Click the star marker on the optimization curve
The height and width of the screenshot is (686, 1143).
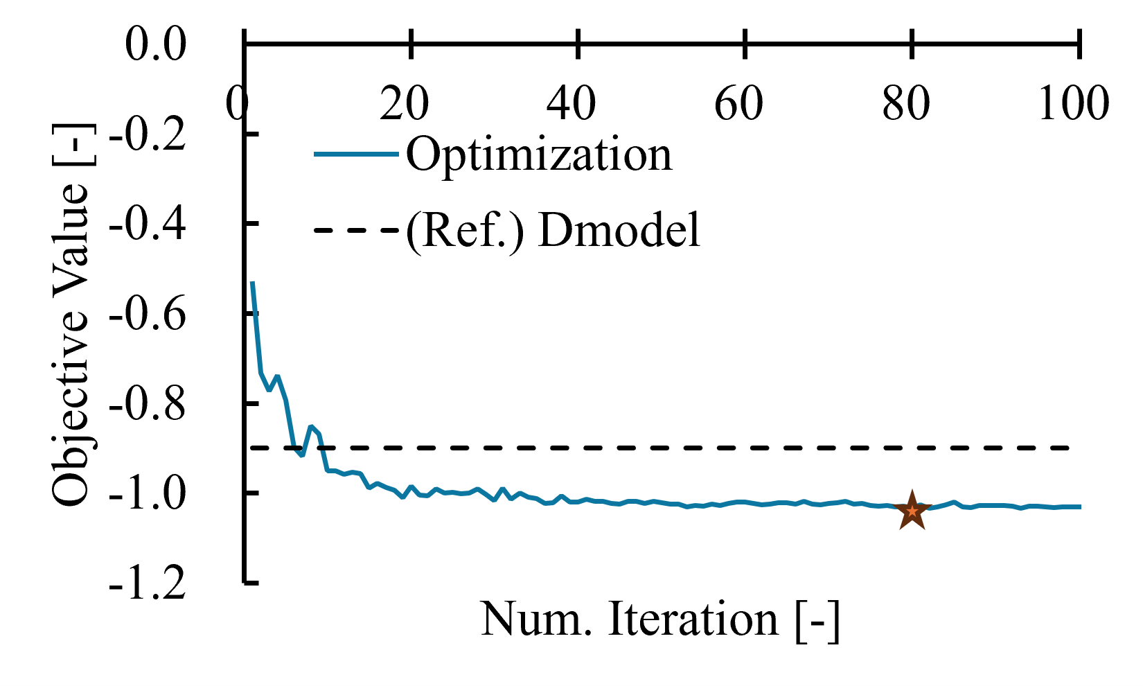912,511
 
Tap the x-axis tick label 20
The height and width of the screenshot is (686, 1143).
405,104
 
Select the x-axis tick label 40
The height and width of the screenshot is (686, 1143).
571,104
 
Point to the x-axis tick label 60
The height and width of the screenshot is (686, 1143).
738,104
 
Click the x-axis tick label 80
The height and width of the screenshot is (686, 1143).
906,104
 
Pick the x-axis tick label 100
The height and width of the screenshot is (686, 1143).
1073,104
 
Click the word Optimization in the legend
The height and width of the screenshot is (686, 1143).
539,155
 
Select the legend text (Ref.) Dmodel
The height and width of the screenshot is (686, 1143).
553,230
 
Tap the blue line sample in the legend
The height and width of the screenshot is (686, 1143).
356,154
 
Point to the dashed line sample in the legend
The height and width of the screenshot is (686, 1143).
356,229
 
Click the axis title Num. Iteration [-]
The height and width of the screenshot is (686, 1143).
660,619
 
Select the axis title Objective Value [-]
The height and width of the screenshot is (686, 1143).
71,315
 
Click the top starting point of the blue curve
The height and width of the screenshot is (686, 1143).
253,283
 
